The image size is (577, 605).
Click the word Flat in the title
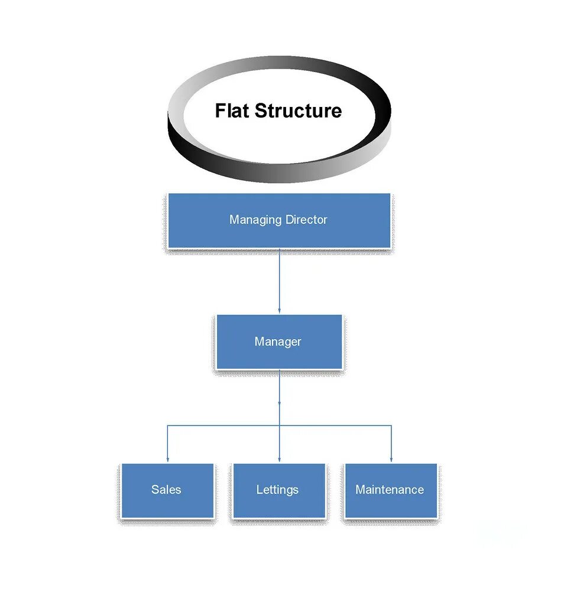click(x=232, y=110)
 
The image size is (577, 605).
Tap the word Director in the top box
click(x=306, y=220)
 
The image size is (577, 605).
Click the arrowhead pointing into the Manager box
click(x=279, y=311)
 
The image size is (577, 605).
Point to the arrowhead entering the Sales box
click(x=167, y=459)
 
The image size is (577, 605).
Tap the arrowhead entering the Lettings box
click(x=279, y=459)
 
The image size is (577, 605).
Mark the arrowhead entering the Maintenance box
click(x=391, y=459)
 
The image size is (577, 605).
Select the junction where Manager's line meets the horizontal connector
click(x=279, y=425)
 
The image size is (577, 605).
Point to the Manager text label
click(x=278, y=341)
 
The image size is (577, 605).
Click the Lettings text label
click(x=277, y=490)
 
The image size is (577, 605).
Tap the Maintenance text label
click(x=390, y=490)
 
